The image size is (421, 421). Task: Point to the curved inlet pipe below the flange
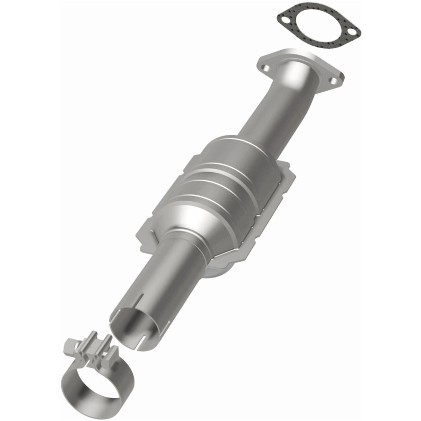(270, 109)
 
